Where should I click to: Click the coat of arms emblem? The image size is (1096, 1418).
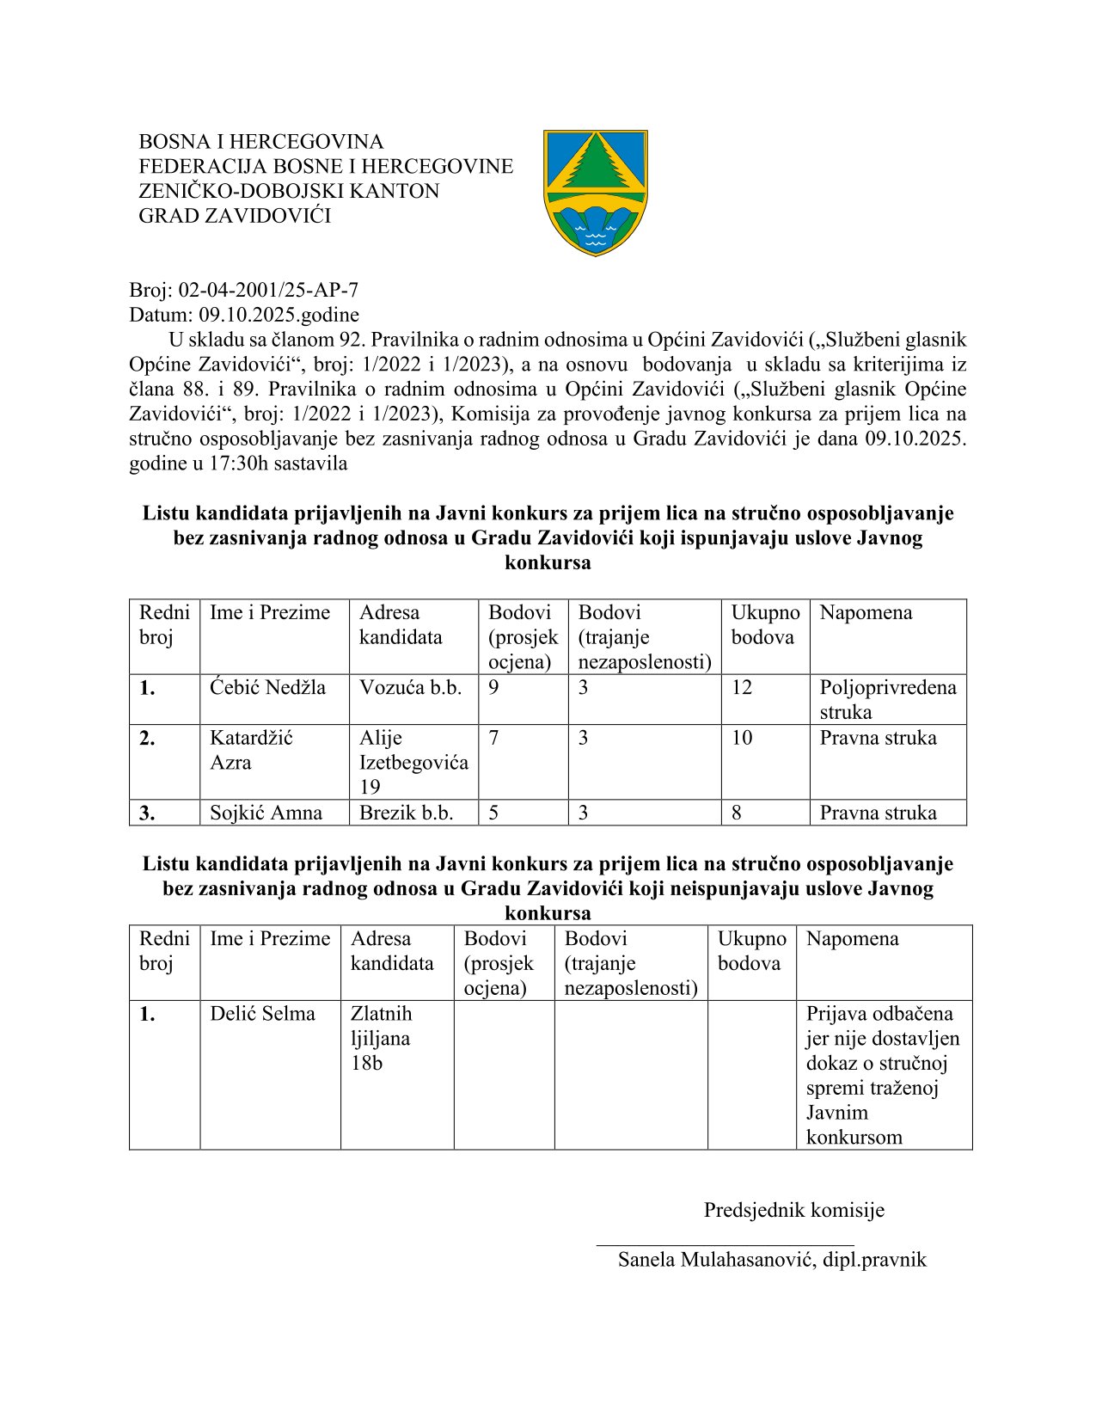[595, 192]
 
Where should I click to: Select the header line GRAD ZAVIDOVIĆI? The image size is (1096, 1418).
[235, 216]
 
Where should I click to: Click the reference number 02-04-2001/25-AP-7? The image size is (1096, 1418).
[268, 290]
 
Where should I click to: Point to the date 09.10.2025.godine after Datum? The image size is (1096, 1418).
[279, 315]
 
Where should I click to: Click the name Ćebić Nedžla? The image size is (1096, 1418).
[267, 688]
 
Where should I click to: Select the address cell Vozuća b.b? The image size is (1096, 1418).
[410, 688]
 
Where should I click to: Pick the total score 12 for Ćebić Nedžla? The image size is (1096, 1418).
[741, 688]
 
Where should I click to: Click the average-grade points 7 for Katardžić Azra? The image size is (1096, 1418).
[493, 738]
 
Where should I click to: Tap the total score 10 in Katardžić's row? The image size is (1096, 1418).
[741, 738]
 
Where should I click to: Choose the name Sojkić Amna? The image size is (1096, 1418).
[266, 813]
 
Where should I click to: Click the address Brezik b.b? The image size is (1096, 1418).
[406, 813]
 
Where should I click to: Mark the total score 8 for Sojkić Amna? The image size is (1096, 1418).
[737, 813]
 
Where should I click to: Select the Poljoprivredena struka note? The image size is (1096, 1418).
[887, 699]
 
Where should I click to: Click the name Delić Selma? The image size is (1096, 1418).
[262, 1014]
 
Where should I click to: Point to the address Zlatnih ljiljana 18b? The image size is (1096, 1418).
[381, 1038]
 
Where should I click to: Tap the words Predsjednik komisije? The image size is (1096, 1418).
[793, 1211]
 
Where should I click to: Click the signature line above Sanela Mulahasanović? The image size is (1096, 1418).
[725, 1244]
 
